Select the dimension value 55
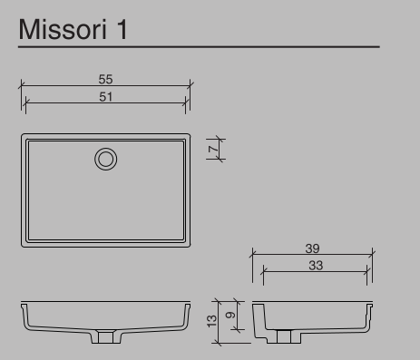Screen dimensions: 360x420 106,80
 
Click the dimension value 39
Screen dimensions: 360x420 313,248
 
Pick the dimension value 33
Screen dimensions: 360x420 315,265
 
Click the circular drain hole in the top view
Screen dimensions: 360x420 106,160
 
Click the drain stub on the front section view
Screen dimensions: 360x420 106,337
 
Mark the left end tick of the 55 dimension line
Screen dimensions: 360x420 21,87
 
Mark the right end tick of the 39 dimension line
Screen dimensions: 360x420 372,255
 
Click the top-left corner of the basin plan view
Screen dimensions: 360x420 23,135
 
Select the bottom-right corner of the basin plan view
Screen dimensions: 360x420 190,246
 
